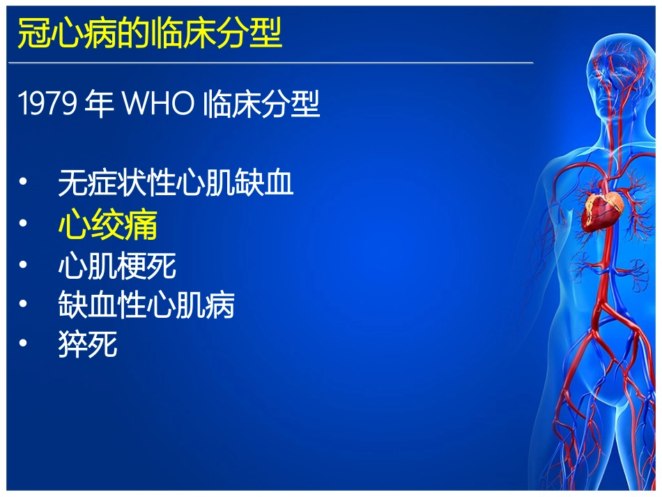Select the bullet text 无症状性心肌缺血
176,183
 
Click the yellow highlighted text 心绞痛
108,225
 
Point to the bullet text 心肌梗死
117,266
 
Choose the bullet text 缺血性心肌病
146,305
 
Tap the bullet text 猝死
88,345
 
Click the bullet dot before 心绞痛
24,225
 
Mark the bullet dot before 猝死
24,345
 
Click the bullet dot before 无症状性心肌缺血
24,183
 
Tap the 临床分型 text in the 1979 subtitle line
262,105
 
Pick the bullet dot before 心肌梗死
24,266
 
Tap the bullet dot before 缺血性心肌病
24,305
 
